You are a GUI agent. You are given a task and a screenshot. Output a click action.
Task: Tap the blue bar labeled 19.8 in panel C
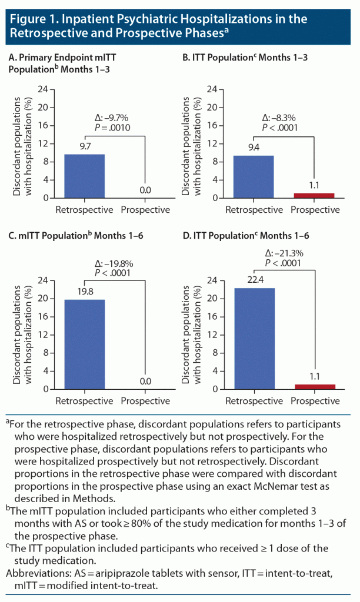[84, 344]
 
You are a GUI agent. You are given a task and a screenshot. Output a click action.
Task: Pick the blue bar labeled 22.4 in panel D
[254, 338]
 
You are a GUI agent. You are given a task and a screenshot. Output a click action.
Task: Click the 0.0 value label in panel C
[145, 382]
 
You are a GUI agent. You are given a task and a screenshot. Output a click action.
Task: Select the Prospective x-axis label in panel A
[145, 210]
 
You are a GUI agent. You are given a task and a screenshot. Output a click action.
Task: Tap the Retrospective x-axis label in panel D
[254, 401]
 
